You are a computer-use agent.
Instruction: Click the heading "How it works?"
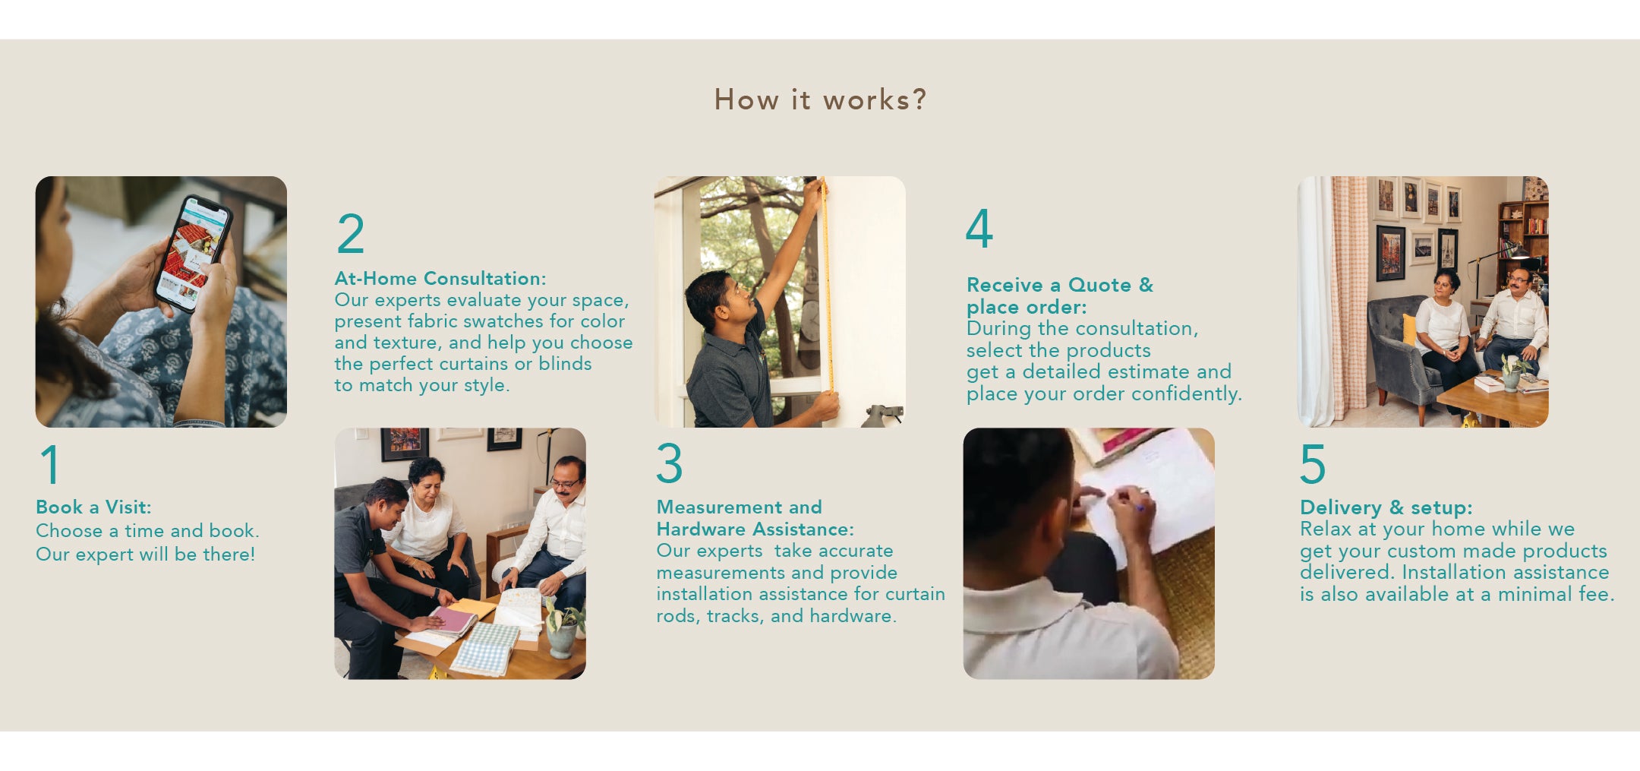click(820, 100)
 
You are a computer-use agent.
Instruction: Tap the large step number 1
click(50, 464)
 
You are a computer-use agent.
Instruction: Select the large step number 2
click(351, 233)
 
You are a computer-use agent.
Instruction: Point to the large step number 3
click(670, 463)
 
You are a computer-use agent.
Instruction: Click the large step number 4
click(979, 228)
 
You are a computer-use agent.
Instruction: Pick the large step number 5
click(1313, 464)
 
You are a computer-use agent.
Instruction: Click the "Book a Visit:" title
click(93, 507)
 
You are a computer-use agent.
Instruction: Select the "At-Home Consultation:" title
click(440, 278)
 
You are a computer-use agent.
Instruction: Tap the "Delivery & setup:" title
click(1386, 507)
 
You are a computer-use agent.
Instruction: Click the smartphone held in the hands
click(193, 253)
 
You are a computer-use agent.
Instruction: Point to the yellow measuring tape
click(827, 285)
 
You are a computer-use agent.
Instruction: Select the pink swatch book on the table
click(453, 619)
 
